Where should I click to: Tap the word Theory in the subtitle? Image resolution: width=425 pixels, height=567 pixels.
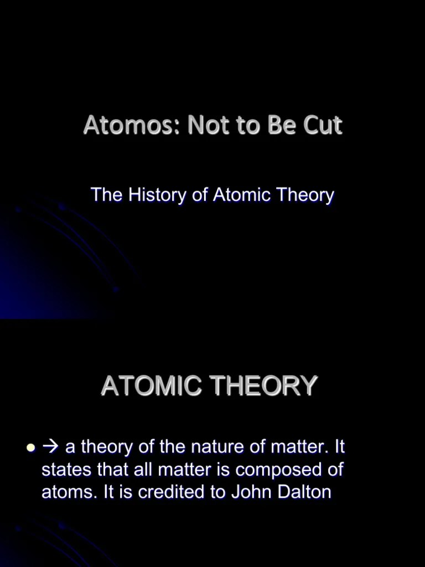click(x=305, y=195)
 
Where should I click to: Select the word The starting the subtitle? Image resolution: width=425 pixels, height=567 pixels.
click(x=107, y=195)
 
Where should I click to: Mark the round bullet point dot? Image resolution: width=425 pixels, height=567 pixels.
click(x=31, y=447)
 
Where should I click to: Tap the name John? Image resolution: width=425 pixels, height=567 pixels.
click(x=254, y=492)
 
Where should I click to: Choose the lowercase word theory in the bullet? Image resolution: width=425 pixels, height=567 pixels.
click(x=110, y=446)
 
